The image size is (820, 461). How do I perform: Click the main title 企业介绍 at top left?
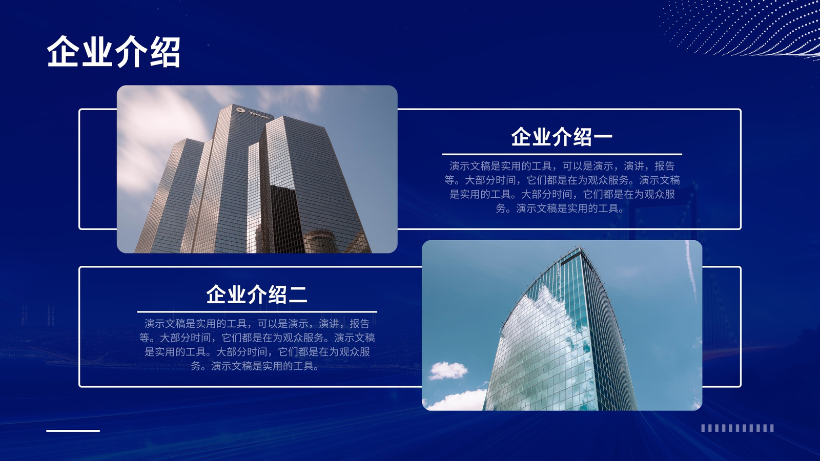(113, 52)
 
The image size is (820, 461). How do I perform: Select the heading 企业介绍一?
(562, 137)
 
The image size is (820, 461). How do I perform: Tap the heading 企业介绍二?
(257, 295)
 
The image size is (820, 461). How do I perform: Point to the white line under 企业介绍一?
(562, 154)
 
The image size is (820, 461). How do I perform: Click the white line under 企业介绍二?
(257, 312)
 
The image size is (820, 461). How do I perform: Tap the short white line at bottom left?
(73, 431)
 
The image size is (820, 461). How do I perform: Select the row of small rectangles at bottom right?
(737, 428)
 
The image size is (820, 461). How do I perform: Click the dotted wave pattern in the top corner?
(743, 28)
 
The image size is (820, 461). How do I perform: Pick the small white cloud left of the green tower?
(448, 371)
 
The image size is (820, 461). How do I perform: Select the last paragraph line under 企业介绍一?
(560, 208)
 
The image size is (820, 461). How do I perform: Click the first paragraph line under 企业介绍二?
(257, 324)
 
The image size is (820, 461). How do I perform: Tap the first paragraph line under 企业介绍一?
(562, 166)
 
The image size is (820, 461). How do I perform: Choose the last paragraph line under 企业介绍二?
(255, 366)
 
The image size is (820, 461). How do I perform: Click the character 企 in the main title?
(63, 52)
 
